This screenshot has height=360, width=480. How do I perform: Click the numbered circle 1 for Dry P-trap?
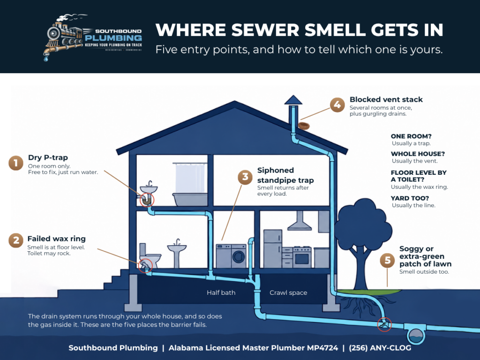[16, 163]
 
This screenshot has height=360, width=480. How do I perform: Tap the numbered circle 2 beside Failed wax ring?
[16, 240]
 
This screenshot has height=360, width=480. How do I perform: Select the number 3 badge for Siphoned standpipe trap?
[245, 177]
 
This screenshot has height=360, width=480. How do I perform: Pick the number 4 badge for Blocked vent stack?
[337, 105]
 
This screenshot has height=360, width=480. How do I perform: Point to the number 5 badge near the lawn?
[387, 261]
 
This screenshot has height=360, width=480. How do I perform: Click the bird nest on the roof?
[304, 126]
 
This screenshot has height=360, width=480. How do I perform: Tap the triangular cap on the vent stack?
[293, 100]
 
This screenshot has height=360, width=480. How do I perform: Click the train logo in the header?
[64, 37]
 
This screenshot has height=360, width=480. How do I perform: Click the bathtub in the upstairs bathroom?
[190, 199]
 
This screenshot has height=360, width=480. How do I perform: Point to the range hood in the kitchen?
[300, 221]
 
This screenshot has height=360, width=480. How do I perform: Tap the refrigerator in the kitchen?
[272, 248]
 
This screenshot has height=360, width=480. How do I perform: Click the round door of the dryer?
[239, 256]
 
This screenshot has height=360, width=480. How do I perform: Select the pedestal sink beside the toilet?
[177, 254]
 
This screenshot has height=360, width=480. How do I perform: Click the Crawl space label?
[288, 292]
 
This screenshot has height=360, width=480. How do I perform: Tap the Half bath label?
[221, 292]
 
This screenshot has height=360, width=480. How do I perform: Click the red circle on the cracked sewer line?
[384, 324]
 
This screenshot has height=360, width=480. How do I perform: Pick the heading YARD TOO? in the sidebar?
[410, 198]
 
